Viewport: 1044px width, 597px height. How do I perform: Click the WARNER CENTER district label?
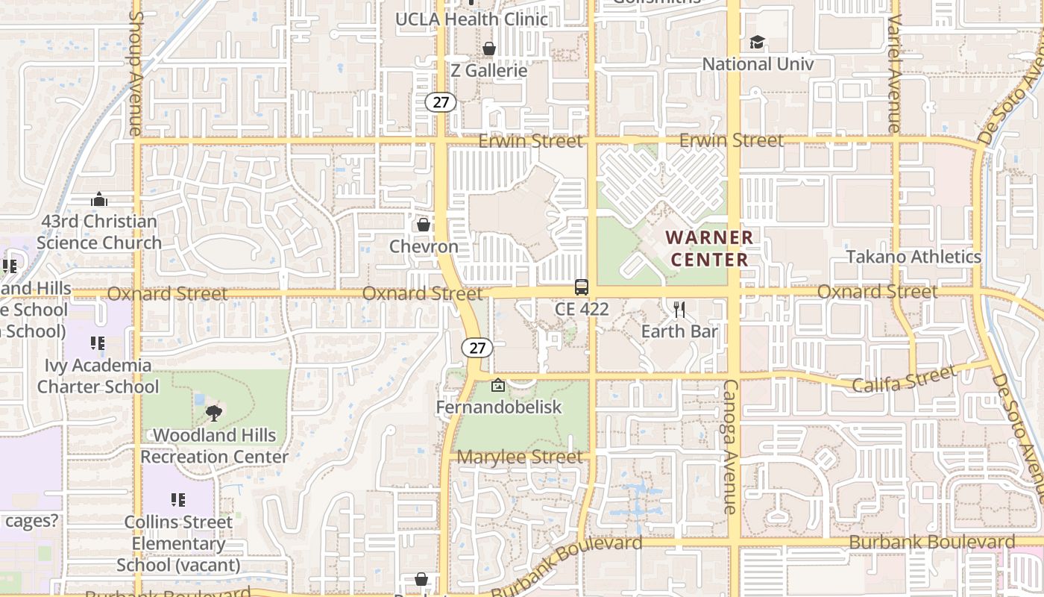pyautogui.click(x=708, y=249)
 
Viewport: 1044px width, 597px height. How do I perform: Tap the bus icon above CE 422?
pyautogui.click(x=582, y=287)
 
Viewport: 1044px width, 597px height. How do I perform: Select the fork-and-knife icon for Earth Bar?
pyautogui.click(x=679, y=309)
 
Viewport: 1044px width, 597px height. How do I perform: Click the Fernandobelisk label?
pyautogui.click(x=499, y=407)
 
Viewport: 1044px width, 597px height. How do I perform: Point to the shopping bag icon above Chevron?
pyautogui.click(x=424, y=225)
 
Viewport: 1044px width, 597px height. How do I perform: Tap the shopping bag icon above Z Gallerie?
pyautogui.click(x=489, y=49)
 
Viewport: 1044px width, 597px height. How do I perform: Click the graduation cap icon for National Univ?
pyautogui.click(x=758, y=43)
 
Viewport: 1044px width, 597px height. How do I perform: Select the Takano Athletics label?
pyautogui.click(x=913, y=257)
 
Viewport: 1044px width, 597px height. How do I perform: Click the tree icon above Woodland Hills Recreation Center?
pyautogui.click(x=214, y=413)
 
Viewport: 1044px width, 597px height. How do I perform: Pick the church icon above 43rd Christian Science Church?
pyautogui.click(x=99, y=199)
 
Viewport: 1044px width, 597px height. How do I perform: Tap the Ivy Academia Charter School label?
pyautogui.click(x=98, y=376)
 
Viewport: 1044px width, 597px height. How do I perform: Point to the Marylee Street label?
pyautogui.click(x=521, y=457)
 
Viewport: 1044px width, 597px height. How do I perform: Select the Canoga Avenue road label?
pyautogui.click(x=731, y=446)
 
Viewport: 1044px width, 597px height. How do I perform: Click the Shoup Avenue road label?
pyautogui.click(x=135, y=72)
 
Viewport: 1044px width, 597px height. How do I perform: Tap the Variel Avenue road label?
pyautogui.click(x=895, y=72)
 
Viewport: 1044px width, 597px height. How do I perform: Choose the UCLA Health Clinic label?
pyautogui.click(x=471, y=19)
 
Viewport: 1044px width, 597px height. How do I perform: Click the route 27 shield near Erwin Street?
pyautogui.click(x=441, y=102)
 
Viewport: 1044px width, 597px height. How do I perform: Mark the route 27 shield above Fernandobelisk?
pyautogui.click(x=477, y=347)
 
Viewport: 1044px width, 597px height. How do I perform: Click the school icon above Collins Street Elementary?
pyautogui.click(x=178, y=500)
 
